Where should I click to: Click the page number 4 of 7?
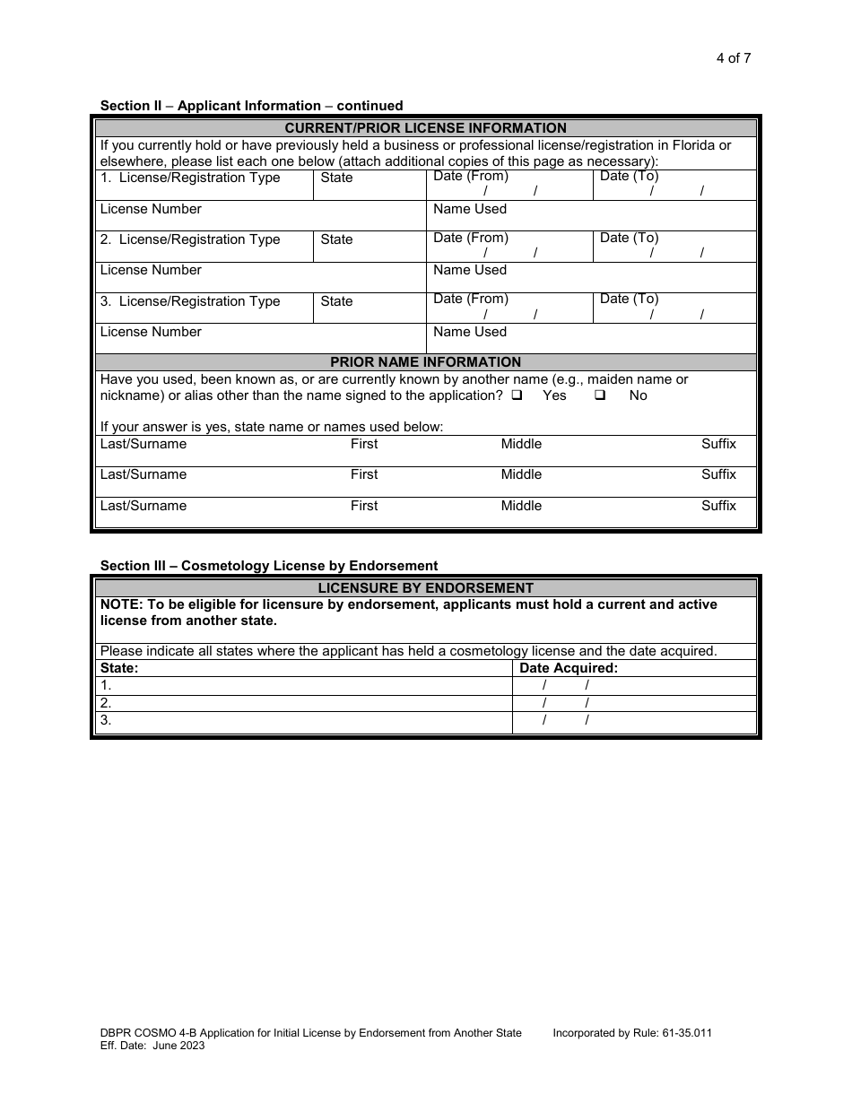coord(733,58)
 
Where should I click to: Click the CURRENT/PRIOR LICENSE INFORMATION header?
coord(425,128)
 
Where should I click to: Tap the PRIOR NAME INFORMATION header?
coord(425,362)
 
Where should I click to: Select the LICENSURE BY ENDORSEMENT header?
coord(425,588)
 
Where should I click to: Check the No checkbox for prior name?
coord(600,395)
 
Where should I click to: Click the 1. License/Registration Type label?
coord(190,178)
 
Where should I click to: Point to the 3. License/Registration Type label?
coord(190,301)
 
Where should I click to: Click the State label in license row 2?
coord(336,239)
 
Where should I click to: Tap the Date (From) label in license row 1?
coord(470,176)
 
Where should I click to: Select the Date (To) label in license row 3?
coord(629,299)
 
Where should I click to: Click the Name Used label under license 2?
coord(470,270)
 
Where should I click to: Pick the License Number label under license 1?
coord(151,209)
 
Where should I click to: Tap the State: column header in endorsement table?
coord(119,668)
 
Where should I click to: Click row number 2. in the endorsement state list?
coord(106,703)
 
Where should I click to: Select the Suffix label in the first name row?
coord(718,444)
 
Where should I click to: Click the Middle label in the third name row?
coord(521,506)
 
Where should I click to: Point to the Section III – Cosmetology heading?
coord(269,566)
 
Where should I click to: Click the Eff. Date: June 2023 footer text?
coord(152,1046)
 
